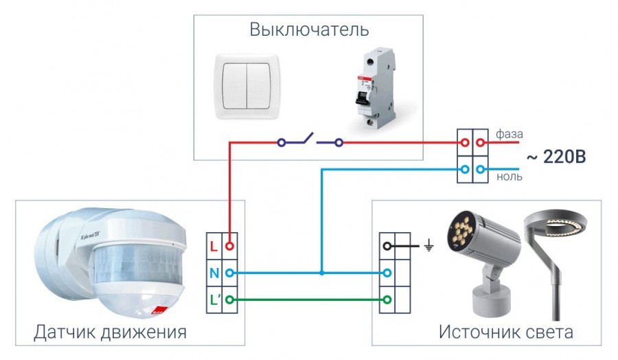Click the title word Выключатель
point(309,30)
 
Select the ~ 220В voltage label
point(556,157)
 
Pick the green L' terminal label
point(215,300)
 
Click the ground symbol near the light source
point(429,245)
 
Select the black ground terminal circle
point(388,245)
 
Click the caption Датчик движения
point(110,333)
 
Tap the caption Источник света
point(506,333)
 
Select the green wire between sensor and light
point(309,300)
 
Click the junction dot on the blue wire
point(321,273)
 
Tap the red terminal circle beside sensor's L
point(231,245)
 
